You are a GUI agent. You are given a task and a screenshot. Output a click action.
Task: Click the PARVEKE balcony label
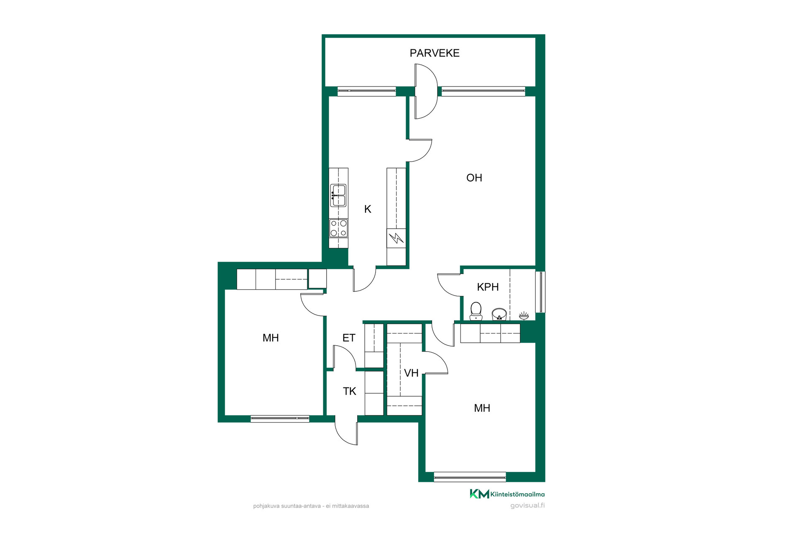(435, 53)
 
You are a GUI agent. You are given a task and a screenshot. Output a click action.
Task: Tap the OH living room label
(474, 178)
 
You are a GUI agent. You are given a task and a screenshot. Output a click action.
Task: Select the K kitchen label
(368, 209)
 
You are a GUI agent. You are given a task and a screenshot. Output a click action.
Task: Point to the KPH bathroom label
(488, 287)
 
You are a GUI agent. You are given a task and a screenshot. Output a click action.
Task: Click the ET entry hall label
(349, 338)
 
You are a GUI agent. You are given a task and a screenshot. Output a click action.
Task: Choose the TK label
(349, 391)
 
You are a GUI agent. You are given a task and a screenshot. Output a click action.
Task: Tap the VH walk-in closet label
(411, 373)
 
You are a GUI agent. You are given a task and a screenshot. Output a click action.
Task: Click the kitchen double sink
(338, 196)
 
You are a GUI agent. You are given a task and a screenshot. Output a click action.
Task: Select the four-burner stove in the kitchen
(338, 228)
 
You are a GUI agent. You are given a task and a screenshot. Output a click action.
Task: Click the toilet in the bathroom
(476, 311)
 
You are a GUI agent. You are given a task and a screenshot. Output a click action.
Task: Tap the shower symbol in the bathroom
(524, 315)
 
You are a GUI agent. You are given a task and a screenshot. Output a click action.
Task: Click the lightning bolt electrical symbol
(396, 238)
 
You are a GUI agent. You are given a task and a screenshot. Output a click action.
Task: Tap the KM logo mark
(479, 494)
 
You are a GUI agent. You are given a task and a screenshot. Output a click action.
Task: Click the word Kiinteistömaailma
(517, 494)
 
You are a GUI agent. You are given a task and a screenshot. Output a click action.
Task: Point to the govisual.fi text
(527, 506)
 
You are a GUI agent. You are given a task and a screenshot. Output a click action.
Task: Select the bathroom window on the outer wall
(540, 292)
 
